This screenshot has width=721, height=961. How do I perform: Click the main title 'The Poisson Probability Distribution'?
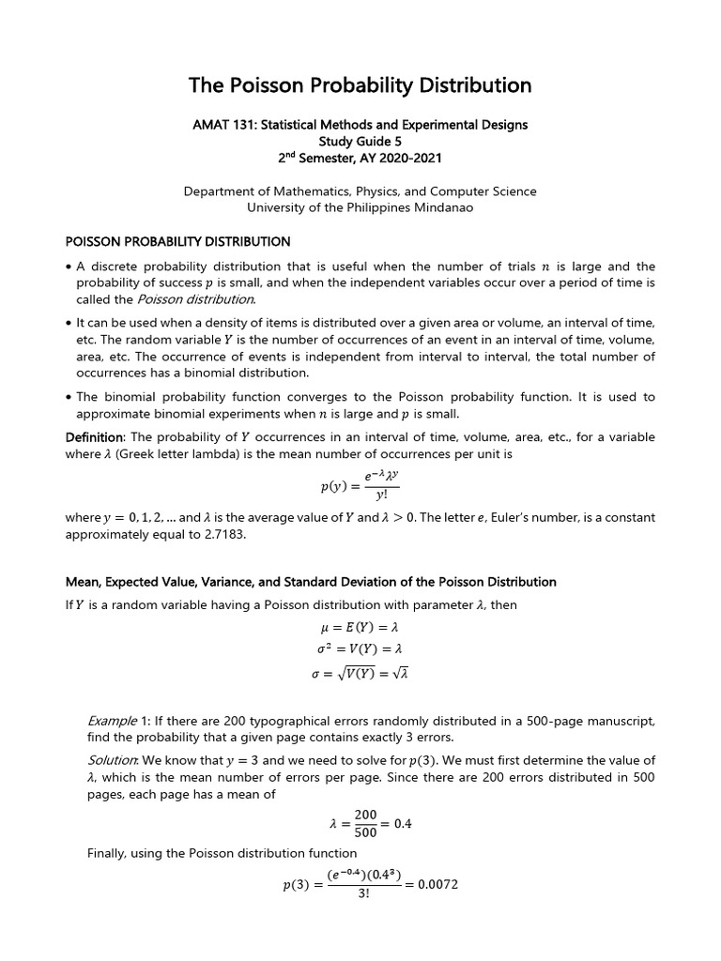[x=360, y=85]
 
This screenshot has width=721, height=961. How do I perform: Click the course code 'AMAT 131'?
[x=221, y=124]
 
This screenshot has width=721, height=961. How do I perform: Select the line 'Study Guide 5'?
[x=360, y=141]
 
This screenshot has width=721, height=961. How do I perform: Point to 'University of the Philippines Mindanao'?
[x=360, y=207]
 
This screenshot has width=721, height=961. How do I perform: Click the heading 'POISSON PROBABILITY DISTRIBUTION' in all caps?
[x=177, y=242]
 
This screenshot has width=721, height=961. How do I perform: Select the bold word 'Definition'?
[x=94, y=437]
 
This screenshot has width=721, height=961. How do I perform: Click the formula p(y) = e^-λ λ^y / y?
[x=360, y=486]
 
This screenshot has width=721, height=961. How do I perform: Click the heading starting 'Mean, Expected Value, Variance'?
[x=310, y=582]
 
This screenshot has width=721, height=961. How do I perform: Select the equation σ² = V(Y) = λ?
[x=360, y=649]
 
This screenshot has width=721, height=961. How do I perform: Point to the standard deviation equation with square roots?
[x=360, y=673]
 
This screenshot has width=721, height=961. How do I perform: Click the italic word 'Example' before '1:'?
[x=112, y=721]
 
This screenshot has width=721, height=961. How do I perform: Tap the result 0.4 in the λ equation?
[x=402, y=824]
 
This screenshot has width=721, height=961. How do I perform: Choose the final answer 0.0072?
[x=437, y=885]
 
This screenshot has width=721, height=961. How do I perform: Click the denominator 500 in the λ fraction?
[x=365, y=832]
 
